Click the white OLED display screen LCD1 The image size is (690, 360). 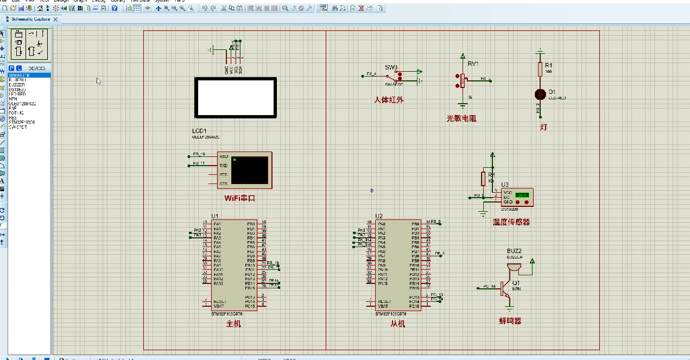pos(236,98)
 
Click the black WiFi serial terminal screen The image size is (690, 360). pos(249,170)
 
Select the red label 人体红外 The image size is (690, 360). pos(389,100)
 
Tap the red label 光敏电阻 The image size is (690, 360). pos(461,118)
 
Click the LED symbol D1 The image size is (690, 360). pos(540,94)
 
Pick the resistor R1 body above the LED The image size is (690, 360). pos(540,69)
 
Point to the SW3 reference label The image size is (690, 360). pos(391,67)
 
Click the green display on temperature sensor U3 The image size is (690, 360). pos(522,194)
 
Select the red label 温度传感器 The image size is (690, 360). pos(511,222)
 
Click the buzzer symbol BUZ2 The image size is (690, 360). pos(513,267)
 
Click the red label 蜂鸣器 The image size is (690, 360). pos(510,321)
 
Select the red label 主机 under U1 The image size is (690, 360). pos(233,324)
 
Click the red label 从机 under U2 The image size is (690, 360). pos(397,324)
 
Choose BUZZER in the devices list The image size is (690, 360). pos(17,85)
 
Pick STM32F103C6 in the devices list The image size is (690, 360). pos(22,122)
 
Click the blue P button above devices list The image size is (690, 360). pos(11,68)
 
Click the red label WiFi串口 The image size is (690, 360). pos(239,198)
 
